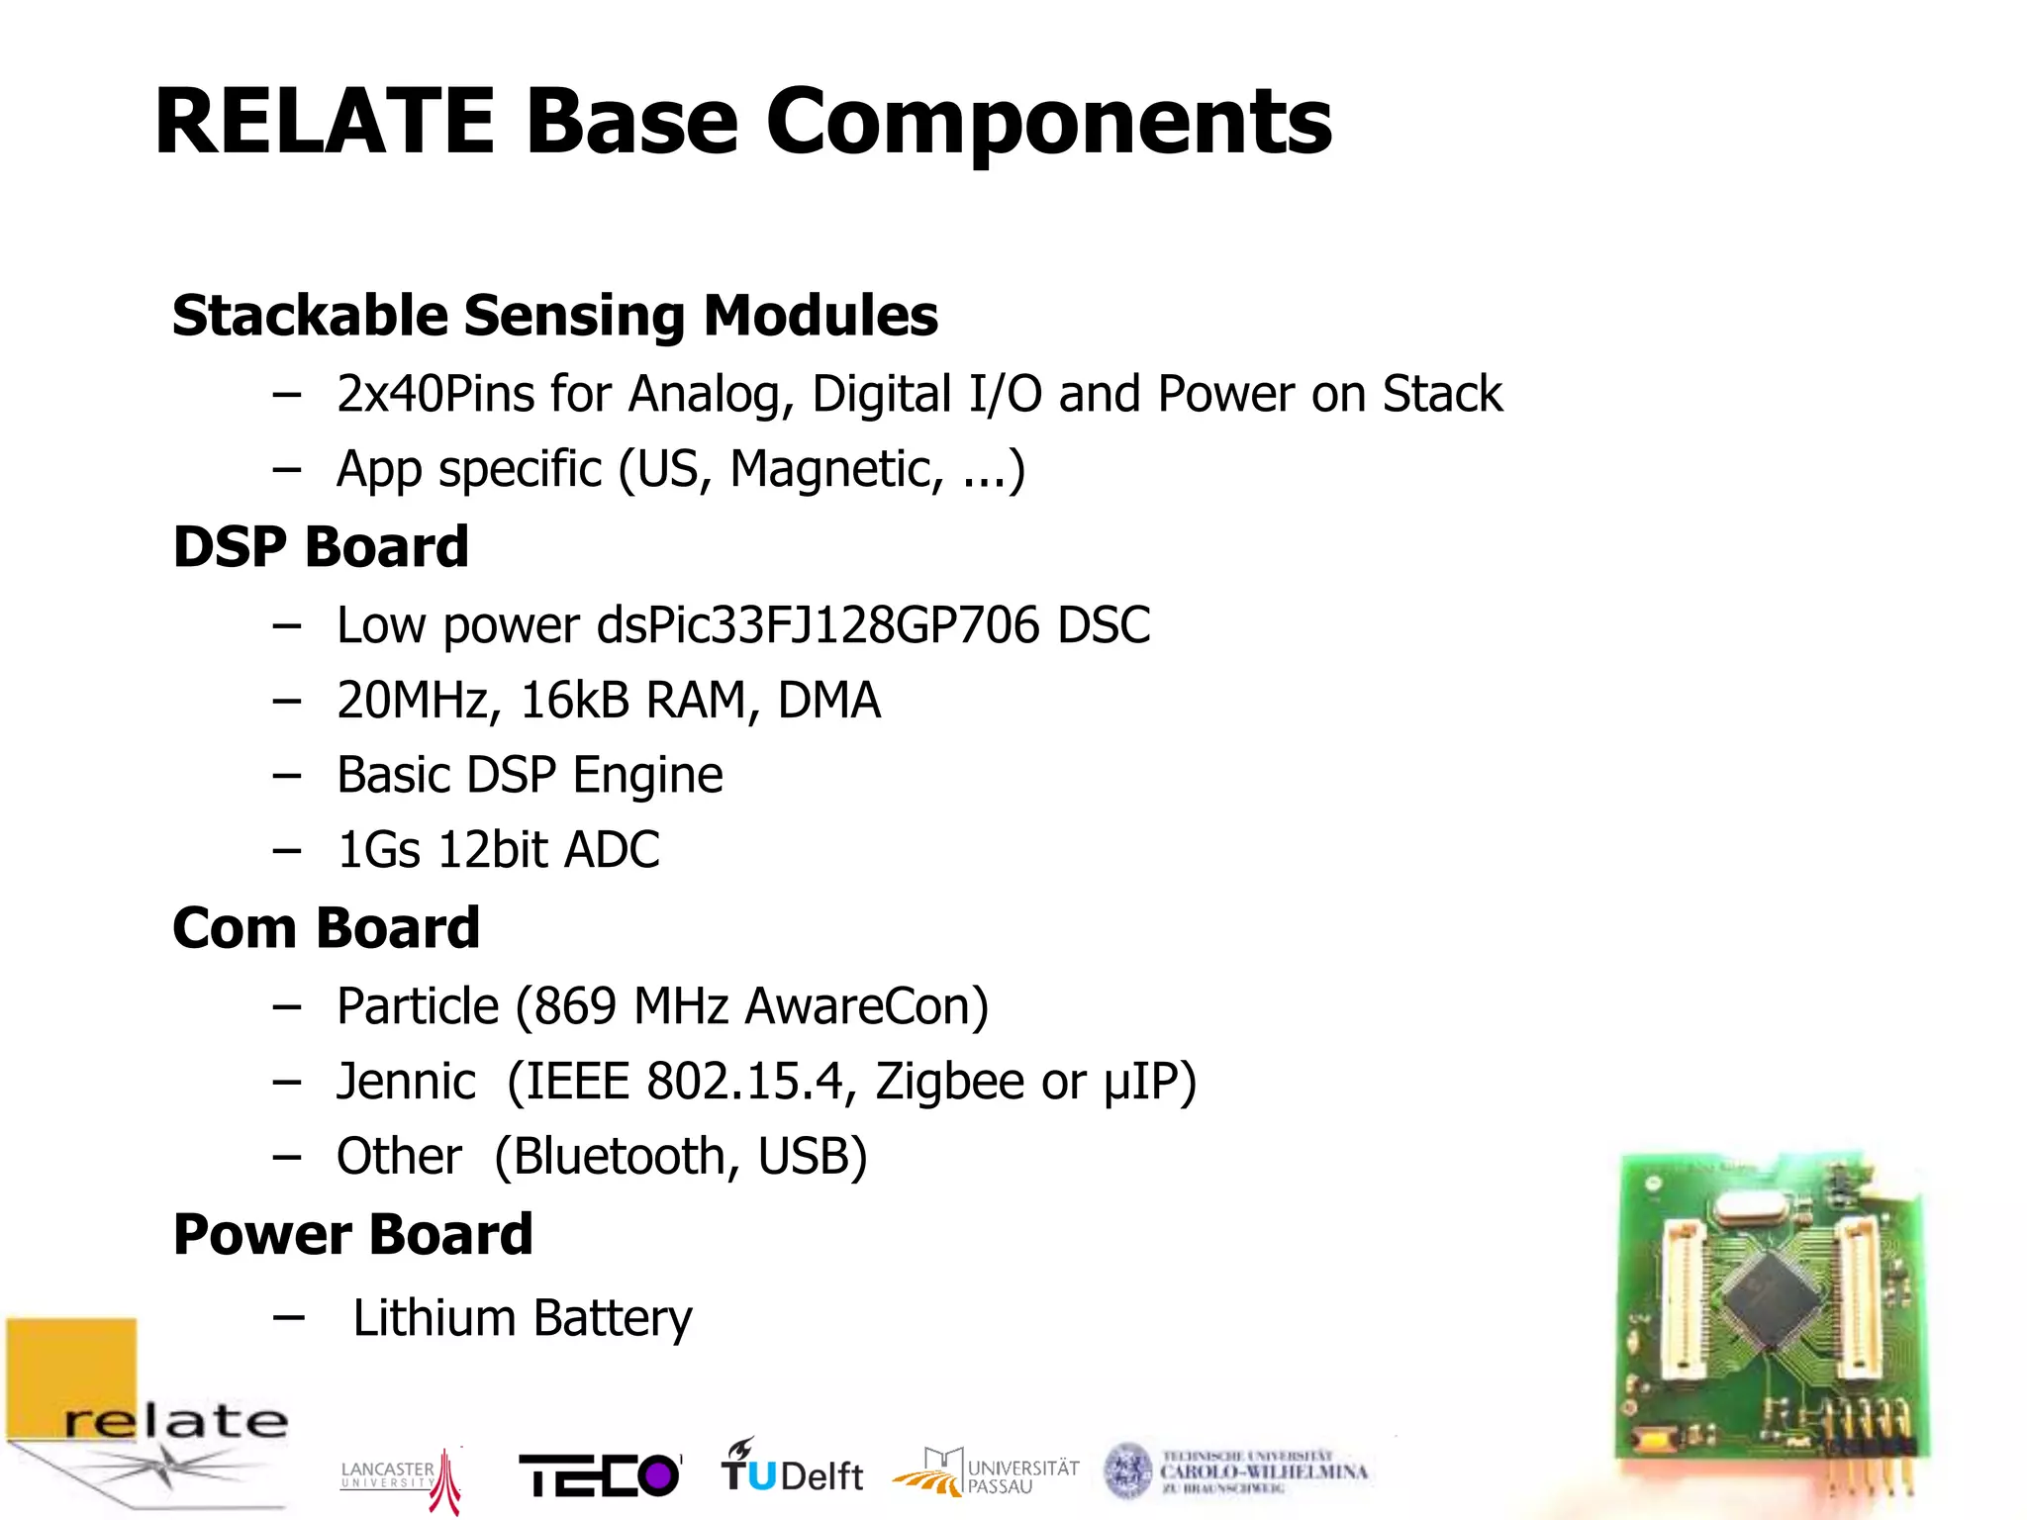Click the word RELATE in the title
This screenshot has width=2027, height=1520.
click(x=325, y=123)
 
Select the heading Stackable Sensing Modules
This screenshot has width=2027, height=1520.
click(x=554, y=316)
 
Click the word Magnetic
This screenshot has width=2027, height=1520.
click(x=835, y=469)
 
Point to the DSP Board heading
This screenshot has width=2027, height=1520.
click(x=321, y=547)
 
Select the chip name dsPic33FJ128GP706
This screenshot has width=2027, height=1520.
click(x=818, y=625)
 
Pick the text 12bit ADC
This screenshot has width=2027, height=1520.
click(x=549, y=850)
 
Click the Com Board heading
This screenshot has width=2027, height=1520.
click(x=326, y=928)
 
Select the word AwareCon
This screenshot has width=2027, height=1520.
click(x=865, y=1006)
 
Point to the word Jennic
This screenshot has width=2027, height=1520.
click(x=406, y=1081)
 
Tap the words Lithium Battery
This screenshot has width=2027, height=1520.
click(x=523, y=1318)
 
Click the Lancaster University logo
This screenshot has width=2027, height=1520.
click(x=401, y=1477)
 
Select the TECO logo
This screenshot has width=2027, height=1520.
click(x=600, y=1475)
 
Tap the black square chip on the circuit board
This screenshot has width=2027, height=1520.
click(x=1772, y=1296)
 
